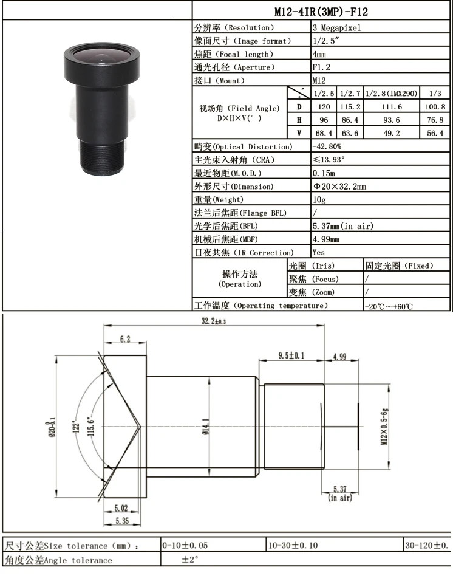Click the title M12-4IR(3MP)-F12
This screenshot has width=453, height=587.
point(321,12)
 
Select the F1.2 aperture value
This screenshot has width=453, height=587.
point(321,67)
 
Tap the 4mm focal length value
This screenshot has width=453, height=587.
point(319,54)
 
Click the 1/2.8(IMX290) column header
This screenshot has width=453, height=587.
point(391,94)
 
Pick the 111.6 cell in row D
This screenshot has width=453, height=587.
point(392,107)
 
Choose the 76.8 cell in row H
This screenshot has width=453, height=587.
point(435,120)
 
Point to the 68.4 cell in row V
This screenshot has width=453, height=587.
point(324,133)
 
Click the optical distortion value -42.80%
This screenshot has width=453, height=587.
point(327,146)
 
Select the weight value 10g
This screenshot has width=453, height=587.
point(319,199)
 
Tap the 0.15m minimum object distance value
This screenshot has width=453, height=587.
point(324,173)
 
